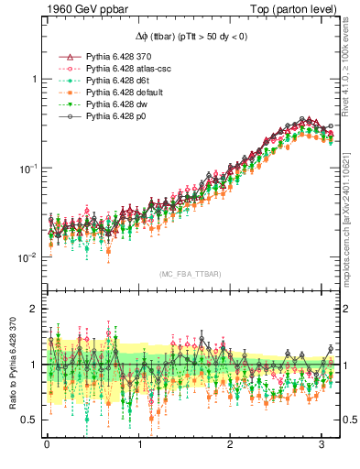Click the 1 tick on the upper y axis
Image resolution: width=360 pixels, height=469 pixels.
(x=31, y=80)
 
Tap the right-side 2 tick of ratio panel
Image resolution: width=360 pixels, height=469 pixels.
(x=346, y=310)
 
